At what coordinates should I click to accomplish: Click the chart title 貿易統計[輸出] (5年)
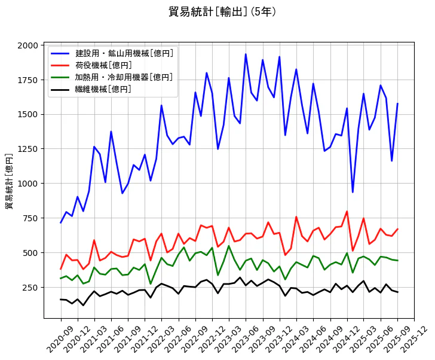point(222,11)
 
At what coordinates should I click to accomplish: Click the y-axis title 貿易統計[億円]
point(9,181)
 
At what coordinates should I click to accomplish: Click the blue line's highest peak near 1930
point(246,54)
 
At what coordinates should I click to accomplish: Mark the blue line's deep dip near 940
point(353,192)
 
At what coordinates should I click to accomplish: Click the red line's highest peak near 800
point(347,211)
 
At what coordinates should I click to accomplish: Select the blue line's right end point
point(397,103)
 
